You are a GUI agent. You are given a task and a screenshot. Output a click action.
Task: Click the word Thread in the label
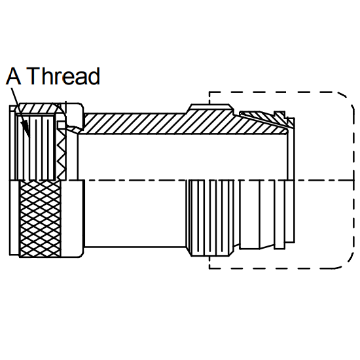[63, 76]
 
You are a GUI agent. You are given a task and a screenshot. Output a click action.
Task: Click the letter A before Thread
[14, 76]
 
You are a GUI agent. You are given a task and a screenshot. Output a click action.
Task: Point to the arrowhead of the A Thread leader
[26, 128]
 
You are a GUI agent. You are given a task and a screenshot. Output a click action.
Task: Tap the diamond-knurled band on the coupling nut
[41, 219]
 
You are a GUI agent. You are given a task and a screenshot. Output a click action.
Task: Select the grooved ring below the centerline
[211, 218]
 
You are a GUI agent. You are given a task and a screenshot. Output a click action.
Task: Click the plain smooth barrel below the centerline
[135, 213]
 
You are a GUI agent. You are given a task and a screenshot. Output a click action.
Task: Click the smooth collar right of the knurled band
[73, 218]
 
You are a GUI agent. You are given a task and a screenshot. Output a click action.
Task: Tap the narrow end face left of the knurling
[14, 218]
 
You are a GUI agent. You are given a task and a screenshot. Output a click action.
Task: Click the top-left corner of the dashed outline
[209, 92]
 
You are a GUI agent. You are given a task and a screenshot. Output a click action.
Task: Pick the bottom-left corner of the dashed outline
[209, 268]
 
